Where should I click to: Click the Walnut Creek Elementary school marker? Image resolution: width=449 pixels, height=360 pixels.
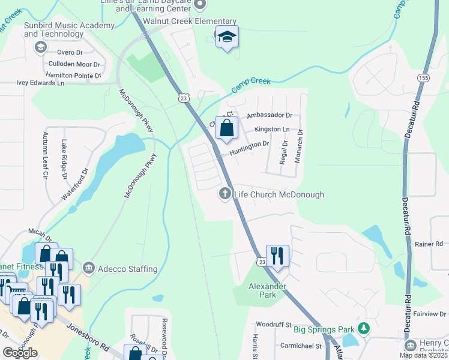227,37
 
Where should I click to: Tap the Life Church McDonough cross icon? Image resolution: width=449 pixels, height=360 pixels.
225,194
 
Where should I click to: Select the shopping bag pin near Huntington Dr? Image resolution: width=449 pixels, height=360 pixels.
226,128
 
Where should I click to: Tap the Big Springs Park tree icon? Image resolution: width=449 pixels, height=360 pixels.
363,328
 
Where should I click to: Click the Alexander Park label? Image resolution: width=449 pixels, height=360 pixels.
267,290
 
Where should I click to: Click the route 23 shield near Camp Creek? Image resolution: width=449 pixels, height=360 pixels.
184,97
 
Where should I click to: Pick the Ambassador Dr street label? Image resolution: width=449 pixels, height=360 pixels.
269,115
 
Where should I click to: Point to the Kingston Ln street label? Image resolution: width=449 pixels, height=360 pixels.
272,129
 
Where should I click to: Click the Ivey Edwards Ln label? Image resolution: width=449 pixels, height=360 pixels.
40,83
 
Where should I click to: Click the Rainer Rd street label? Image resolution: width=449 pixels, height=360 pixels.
429,244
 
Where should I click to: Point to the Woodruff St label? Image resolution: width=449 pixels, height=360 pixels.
273,324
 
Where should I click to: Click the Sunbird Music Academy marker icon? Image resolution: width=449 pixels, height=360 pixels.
40,47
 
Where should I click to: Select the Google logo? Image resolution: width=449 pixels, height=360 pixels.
20,353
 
